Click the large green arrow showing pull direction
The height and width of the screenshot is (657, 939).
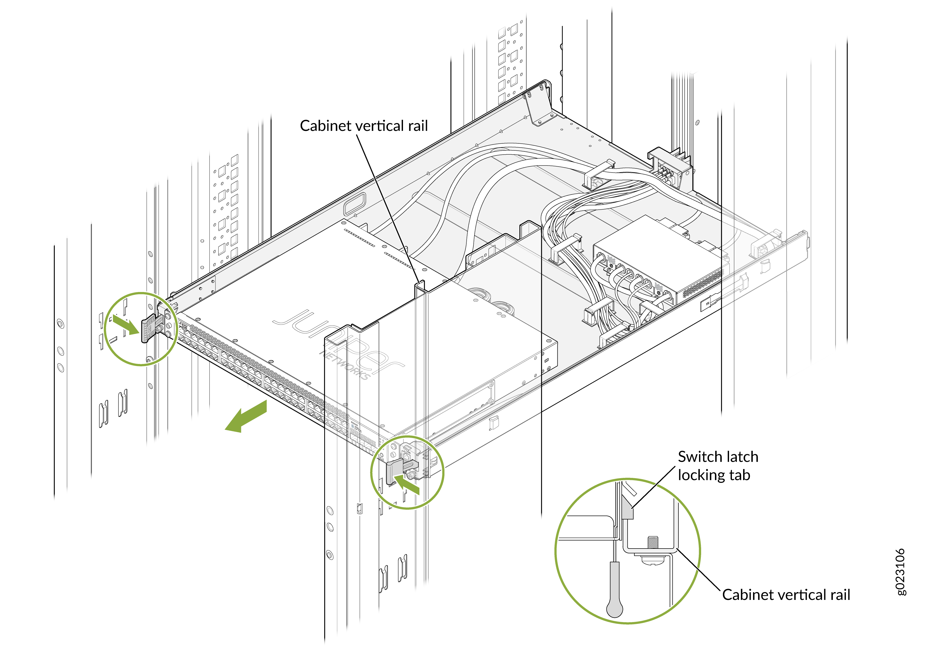(x=246, y=416)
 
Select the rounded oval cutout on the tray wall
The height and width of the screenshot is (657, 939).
(x=354, y=203)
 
